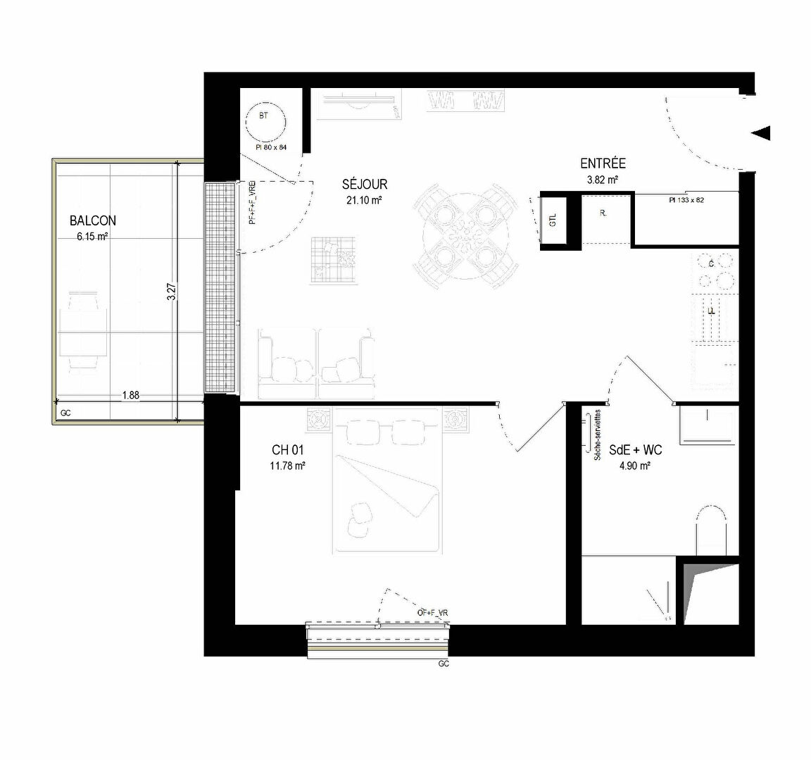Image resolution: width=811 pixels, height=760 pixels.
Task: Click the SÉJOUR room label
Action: coord(365,185)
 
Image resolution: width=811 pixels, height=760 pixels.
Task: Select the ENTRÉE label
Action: coord(603,164)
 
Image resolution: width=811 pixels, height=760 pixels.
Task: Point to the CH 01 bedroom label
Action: coord(288,449)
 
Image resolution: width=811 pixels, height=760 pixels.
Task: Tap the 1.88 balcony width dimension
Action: coord(130,396)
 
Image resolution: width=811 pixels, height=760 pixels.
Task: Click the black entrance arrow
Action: coord(761,132)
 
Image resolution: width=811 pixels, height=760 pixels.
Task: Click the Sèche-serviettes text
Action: coord(598,435)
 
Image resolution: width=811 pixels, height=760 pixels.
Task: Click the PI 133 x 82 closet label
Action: coord(686,201)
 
